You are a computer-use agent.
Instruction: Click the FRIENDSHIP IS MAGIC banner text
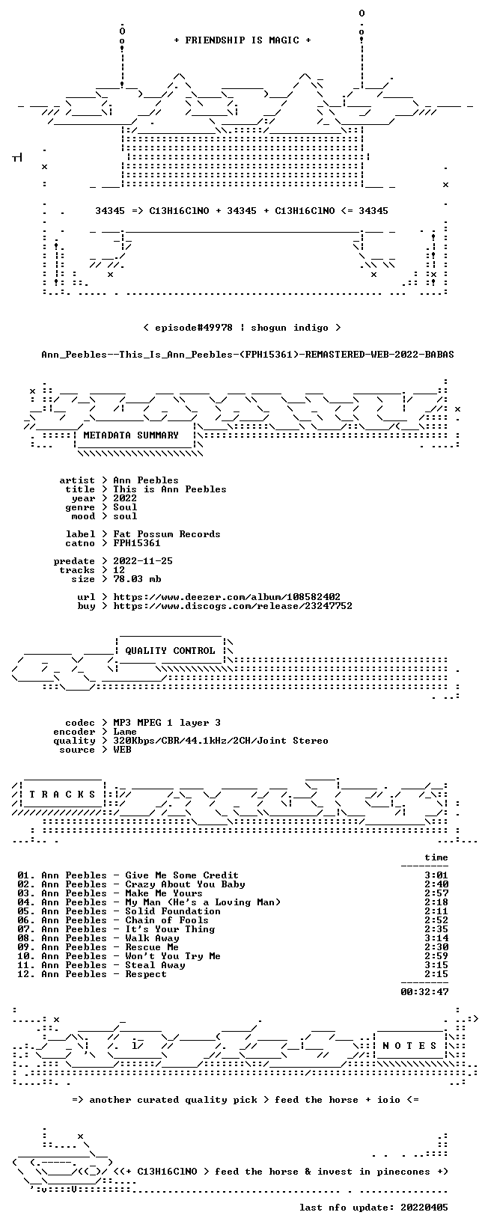242,40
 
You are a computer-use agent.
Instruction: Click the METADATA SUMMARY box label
131,435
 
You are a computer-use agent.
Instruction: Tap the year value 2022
125,498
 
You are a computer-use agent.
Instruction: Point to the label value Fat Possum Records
167,534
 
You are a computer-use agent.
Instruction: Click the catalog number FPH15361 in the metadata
137,543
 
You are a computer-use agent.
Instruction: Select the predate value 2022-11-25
143,561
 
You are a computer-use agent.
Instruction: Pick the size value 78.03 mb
137,579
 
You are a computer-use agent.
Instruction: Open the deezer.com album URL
227,597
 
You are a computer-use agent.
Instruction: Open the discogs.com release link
233,606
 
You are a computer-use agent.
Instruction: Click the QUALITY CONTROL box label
170,651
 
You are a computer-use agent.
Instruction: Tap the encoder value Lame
125,732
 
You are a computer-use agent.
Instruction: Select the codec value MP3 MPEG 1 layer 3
167,723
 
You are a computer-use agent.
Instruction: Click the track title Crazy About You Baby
185,884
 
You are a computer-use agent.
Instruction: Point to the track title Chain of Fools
167,920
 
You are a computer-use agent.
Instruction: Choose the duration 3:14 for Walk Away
436,938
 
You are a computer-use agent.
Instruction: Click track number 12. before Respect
26,973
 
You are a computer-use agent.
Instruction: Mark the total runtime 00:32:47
424,991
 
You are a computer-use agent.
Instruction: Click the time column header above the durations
436,857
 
